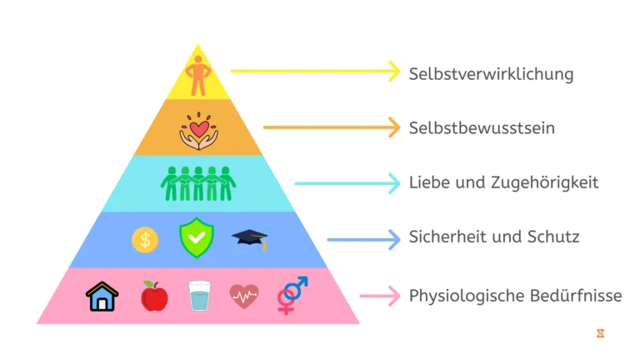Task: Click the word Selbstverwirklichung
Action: pos(491,75)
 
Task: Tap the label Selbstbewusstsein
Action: pos(482,127)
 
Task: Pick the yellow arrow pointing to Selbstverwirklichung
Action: pos(316,72)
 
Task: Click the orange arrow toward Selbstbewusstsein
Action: pos(332,127)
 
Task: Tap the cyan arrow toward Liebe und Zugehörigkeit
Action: pos(347,183)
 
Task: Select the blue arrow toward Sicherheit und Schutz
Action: pos(363,240)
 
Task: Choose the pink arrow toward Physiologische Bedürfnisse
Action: pos(380,296)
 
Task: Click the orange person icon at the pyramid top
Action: pos(198,76)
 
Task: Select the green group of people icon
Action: pos(198,183)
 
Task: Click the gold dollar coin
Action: pos(145,240)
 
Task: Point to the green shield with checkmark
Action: pos(197,237)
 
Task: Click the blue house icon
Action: pos(102,297)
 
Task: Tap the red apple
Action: pos(154,296)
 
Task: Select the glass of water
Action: pos(200,296)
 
